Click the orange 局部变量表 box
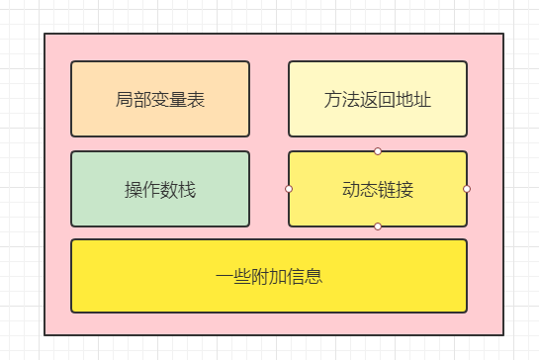160,99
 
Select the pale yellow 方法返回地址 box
377,99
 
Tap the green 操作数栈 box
160,188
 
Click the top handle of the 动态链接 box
378,151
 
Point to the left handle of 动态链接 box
289,188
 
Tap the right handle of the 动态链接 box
467,188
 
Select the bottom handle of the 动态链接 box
378,226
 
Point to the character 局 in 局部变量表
125,100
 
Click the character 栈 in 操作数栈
187,189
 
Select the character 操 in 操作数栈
134,189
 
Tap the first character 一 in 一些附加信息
224,276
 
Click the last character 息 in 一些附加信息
314,276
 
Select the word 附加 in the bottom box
268,276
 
